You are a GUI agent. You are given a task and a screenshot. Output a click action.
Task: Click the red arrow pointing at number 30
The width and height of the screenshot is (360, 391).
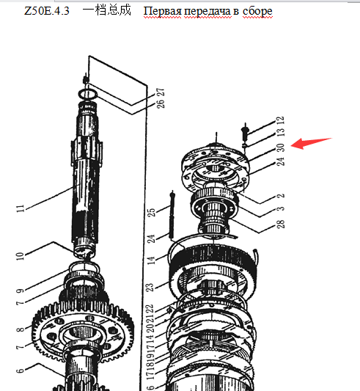(x=311, y=143)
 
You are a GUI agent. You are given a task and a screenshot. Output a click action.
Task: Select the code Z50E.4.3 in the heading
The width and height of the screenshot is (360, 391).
(x=47, y=11)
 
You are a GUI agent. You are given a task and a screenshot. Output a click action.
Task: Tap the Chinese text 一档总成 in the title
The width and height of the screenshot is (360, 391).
(x=107, y=10)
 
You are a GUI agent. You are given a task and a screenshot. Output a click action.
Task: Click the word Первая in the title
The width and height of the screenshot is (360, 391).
(x=162, y=11)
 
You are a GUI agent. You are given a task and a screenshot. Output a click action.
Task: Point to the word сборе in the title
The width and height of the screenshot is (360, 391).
(x=257, y=12)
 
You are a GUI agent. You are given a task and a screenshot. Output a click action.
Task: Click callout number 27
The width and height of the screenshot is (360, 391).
(x=161, y=93)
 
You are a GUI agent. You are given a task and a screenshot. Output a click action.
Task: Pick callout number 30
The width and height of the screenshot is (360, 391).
(x=281, y=147)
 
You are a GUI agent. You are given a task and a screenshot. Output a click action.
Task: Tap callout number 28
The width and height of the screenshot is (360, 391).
(x=281, y=224)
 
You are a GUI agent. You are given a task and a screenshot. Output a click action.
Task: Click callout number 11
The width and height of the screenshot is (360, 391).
(x=21, y=208)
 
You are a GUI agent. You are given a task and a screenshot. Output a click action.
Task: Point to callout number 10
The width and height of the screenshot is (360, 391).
(x=20, y=256)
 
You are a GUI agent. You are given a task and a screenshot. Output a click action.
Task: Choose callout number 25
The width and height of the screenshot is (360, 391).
(x=152, y=212)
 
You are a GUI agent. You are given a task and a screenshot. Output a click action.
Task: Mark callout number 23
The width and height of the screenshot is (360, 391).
(x=150, y=288)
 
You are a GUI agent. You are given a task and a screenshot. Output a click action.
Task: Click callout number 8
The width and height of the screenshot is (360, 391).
(x=21, y=329)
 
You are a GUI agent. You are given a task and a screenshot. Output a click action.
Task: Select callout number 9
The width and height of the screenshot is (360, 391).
(x=20, y=290)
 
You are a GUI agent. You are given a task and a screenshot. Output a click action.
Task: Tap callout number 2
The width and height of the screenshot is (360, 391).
(x=281, y=196)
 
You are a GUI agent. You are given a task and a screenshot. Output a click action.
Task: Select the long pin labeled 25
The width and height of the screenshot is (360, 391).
(x=172, y=215)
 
